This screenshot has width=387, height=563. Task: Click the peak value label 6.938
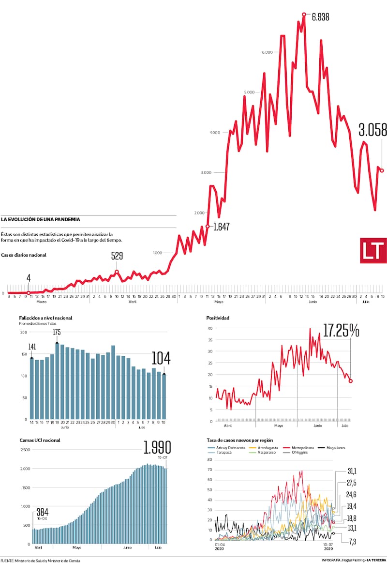tap(321, 17)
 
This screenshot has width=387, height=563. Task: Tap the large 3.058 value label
tap(372, 130)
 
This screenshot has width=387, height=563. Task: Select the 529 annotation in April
tap(117, 256)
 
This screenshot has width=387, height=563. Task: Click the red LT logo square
tap(373, 250)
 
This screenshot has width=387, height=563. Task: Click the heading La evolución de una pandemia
tap(41, 219)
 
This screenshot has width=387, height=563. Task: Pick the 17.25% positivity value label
tap(341, 331)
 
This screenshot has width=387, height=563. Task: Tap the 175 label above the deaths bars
tap(57, 332)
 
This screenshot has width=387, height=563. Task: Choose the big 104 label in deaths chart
tap(161, 359)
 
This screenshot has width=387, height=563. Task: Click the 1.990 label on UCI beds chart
tap(157, 447)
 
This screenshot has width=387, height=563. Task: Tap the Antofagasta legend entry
tap(264, 448)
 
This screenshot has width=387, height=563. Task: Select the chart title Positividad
tap(218, 318)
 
